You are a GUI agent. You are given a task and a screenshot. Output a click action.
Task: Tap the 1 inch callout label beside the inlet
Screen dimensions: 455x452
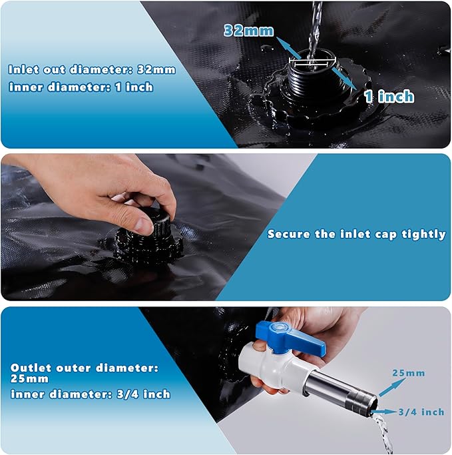389,97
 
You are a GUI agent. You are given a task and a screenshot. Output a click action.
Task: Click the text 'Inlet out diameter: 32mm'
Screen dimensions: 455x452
92,69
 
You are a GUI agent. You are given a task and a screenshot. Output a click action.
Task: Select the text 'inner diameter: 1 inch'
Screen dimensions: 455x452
81,87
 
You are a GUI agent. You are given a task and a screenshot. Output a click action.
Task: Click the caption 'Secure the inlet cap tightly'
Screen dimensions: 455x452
356,234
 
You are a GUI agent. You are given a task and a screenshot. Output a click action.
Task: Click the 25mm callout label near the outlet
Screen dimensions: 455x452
409,373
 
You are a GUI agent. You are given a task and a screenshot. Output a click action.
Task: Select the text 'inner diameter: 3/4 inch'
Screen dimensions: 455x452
90,394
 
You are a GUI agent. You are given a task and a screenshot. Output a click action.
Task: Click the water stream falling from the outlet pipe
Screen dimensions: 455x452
384,436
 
